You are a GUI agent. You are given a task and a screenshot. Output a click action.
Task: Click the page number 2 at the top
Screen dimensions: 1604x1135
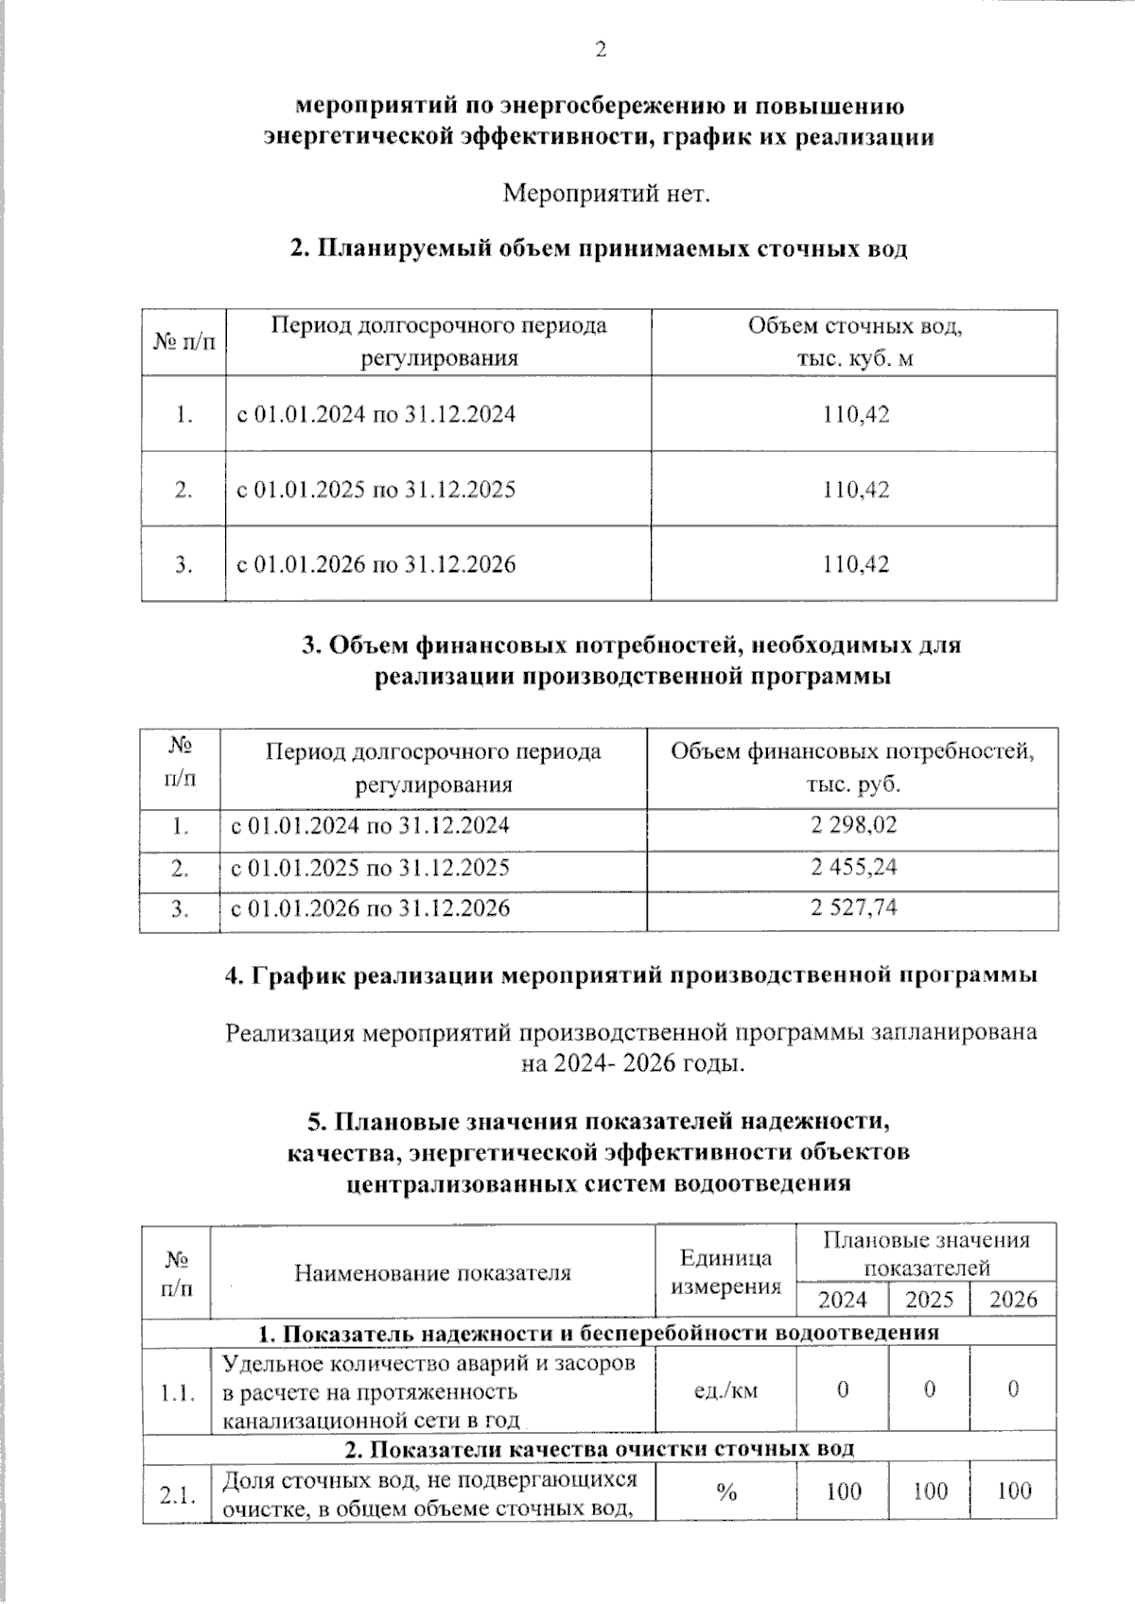pyautogui.click(x=600, y=50)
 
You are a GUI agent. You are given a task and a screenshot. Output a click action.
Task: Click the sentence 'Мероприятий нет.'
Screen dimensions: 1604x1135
pyautogui.click(x=605, y=195)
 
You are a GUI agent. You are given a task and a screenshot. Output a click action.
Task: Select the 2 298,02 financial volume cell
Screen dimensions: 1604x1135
pyautogui.click(x=853, y=825)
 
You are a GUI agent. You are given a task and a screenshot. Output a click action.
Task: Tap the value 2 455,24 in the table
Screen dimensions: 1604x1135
pyautogui.click(x=853, y=867)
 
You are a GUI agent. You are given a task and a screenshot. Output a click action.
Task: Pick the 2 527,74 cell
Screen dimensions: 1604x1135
pyautogui.click(x=853, y=908)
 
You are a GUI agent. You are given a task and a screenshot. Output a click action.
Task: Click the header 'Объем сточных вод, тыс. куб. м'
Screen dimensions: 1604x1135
pyautogui.click(x=854, y=342)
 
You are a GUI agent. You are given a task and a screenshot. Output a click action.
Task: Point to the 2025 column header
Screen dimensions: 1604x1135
pyautogui.click(x=929, y=1300)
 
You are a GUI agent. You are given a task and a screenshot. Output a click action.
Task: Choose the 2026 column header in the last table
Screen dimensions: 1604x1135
pyautogui.click(x=1013, y=1300)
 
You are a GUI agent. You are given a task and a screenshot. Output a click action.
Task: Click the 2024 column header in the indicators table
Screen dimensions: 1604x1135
pyautogui.click(x=842, y=1300)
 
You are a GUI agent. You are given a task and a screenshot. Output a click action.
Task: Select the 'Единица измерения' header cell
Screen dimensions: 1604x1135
pyautogui.click(x=725, y=1272)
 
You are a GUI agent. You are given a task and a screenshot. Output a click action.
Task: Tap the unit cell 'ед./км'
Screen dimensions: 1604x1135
pyautogui.click(x=725, y=1390)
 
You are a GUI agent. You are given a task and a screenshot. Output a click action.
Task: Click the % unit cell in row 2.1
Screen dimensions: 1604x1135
pyautogui.click(x=725, y=1492)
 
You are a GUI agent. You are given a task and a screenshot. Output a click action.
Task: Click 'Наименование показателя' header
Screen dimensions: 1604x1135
pyautogui.click(x=432, y=1273)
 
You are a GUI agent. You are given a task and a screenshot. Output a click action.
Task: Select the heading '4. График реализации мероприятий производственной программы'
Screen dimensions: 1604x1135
pyautogui.click(x=630, y=975)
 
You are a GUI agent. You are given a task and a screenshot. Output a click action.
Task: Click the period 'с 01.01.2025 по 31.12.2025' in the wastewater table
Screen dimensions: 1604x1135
pyautogui.click(x=375, y=490)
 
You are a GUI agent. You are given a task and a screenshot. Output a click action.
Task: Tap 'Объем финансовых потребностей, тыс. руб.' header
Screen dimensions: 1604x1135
pyautogui.click(x=852, y=768)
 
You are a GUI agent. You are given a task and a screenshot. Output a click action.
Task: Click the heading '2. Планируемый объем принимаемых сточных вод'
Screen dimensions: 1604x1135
pyautogui.click(x=598, y=250)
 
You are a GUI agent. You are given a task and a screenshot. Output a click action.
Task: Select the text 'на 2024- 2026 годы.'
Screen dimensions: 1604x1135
pyautogui.click(x=632, y=1063)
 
